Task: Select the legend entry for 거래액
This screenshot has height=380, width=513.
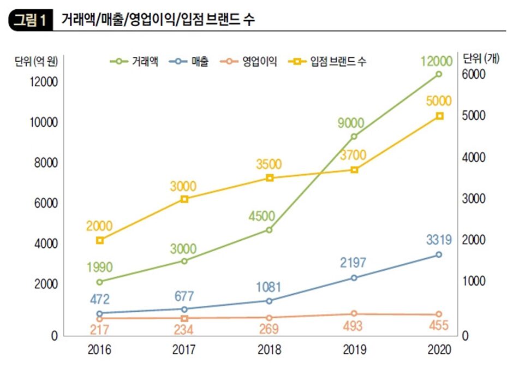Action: click(134, 62)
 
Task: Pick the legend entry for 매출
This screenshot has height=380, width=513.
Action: click(188, 62)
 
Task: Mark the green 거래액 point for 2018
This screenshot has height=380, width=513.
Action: click(269, 230)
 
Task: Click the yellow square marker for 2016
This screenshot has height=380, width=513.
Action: click(100, 240)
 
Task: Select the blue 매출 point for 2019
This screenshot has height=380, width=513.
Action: click(354, 278)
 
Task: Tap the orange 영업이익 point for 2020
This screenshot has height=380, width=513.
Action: click(439, 314)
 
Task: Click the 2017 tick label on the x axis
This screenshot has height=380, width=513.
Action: click(184, 350)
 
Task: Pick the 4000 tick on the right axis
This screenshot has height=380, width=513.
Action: click(474, 157)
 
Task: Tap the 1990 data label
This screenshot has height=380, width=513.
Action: click(99, 267)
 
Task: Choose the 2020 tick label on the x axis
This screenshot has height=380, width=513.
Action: click(439, 350)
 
